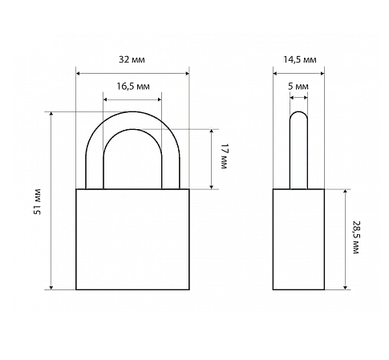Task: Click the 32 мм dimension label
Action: point(132,59)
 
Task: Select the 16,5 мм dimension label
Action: point(133,87)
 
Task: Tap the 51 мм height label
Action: point(38,201)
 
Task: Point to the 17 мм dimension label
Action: point(224,156)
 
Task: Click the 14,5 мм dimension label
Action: point(300,59)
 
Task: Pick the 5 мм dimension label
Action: point(298,87)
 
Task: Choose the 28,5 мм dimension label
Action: point(356,237)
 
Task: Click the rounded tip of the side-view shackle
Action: point(298,112)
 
